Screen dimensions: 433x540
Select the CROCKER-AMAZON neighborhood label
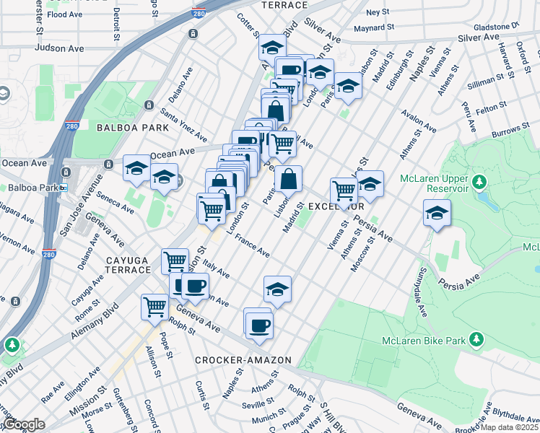(243, 359)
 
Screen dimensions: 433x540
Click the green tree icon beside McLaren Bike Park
(476, 338)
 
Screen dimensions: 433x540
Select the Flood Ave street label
(66, 14)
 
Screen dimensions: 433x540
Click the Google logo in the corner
(24, 424)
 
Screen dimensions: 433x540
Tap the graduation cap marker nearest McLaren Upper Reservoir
(437, 213)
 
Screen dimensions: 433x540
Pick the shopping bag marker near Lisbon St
(288, 179)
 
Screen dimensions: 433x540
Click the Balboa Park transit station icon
(64, 188)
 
